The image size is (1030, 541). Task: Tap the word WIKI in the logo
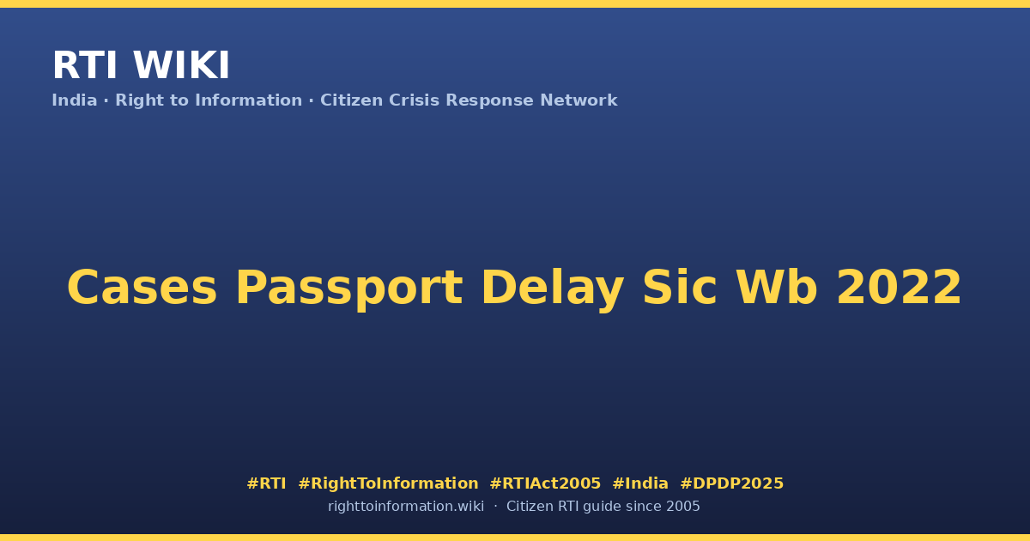tap(181, 65)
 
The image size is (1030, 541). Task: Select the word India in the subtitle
tap(75, 100)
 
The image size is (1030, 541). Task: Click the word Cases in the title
tap(142, 288)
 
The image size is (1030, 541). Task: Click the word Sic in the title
tap(680, 287)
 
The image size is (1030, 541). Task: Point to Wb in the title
tap(777, 287)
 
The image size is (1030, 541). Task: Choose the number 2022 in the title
tap(899, 288)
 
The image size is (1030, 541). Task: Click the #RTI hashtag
tap(266, 483)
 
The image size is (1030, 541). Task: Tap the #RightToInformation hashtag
tap(388, 483)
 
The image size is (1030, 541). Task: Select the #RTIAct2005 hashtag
tap(545, 483)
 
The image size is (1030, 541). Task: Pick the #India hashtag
tap(640, 483)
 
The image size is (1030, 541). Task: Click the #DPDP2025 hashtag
tap(731, 483)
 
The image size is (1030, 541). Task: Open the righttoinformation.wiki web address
tap(406, 507)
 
